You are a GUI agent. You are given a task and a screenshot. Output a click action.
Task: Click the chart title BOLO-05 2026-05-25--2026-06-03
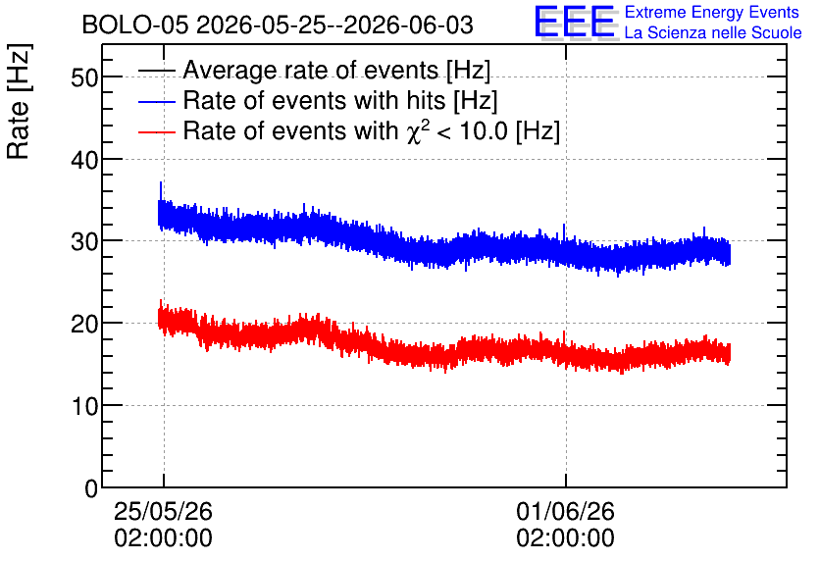pos(278,25)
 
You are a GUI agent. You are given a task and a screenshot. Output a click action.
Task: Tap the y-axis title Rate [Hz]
pos(19,101)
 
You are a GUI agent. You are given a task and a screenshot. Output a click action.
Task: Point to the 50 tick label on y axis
pos(84,77)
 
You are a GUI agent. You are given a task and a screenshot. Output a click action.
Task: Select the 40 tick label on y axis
pos(84,160)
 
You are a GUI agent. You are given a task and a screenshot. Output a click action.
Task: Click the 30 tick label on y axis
pos(84,242)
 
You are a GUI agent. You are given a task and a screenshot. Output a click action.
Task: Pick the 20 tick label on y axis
pos(84,325)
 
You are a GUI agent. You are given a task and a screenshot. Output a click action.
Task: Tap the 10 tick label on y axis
pos(84,406)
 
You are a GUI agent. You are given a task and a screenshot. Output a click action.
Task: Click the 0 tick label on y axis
pos(91,488)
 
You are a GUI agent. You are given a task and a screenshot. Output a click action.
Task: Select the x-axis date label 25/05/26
pos(163,511)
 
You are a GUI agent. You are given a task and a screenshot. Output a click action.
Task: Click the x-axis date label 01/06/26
pos(565,511)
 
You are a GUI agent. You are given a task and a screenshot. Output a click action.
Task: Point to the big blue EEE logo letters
pos(575,23)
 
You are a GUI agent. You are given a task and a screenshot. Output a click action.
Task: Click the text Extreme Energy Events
pos(712,12)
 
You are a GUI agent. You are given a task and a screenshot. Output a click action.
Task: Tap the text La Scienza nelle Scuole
pos(713,32)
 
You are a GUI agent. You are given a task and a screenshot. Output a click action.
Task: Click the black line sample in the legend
pos(157,71)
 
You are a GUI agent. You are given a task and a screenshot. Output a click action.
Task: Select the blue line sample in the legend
pos(157,101)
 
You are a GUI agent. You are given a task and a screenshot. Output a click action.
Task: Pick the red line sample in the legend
pos(157,131)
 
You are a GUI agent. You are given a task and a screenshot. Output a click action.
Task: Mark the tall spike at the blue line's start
pos(161,191)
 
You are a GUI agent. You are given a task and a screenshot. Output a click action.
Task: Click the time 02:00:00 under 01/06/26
pos(565,538)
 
